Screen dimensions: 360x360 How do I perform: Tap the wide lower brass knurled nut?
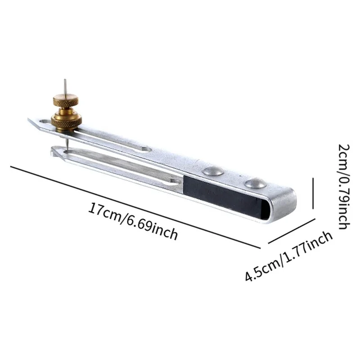pyautogui.click(x=66, y=120)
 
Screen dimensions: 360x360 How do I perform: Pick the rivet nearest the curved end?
pyautogui.click(x=255, y=183)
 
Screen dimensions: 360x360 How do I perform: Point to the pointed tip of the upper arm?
pyautogui.click(x=31, y=120)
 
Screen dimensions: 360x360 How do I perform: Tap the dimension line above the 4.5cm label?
pyautogui.click(x=291, y=231)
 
